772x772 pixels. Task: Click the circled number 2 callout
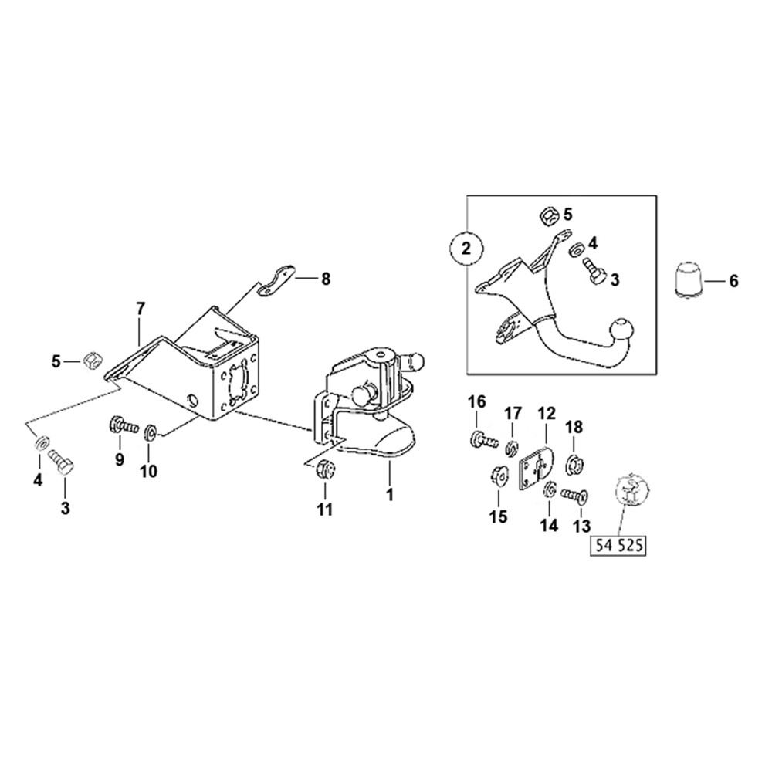pos(466,249)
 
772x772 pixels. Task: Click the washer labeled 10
pos(150,430)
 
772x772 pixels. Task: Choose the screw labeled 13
pos(573,494)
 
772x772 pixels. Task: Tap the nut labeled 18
pos(574,465)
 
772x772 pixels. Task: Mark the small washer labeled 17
pos(510,447)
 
